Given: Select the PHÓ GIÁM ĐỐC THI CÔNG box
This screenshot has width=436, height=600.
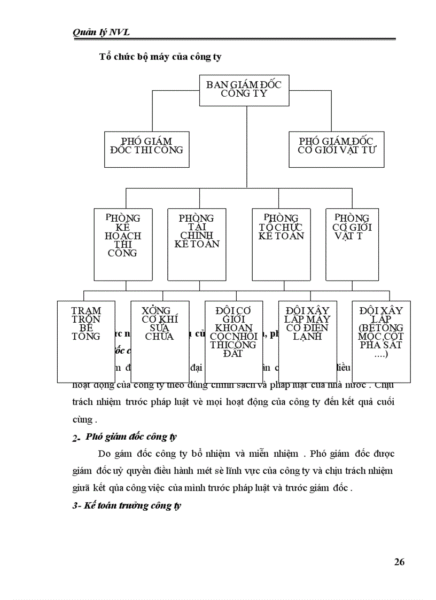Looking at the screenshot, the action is coord(146,149).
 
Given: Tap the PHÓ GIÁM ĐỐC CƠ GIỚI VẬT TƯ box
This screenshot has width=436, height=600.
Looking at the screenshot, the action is coord(337,149).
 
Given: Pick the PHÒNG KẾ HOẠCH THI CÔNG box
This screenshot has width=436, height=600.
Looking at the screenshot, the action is coord(122,244).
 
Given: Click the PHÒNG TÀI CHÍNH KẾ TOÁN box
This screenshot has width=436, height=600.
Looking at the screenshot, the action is coord(196,244).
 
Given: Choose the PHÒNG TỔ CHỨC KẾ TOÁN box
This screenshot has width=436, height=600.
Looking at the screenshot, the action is coord(281,244).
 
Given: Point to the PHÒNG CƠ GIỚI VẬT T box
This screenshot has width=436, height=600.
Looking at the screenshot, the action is coord(352,244).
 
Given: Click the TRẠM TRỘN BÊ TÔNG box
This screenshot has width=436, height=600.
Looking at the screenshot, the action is coord(86,341).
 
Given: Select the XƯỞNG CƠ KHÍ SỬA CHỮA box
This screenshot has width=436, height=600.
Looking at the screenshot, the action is coord(160,341).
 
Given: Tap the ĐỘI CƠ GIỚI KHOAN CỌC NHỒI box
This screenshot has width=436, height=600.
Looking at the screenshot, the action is coord(233,341).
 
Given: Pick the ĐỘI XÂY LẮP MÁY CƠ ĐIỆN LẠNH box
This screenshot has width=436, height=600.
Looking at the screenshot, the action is coord(307,341).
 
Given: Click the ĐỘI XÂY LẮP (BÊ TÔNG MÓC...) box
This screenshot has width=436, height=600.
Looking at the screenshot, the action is coord(381,341).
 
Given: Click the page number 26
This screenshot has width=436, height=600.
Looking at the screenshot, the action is coord(399,562).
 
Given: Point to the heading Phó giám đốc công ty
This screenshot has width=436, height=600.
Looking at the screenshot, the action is coord(138,437).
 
